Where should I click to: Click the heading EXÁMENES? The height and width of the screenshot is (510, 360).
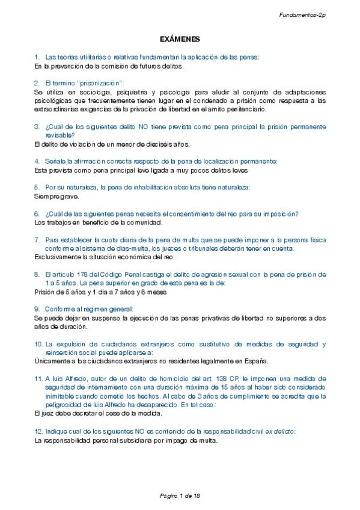(x=180, y=39)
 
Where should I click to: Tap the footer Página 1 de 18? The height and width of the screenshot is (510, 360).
(x=180, y=495)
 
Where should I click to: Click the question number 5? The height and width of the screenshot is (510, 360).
(x=37, y=188)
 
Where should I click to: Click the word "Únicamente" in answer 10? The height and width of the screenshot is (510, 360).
(x=52, y=361)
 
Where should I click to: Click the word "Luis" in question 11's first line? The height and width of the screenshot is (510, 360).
(x=58, y=379)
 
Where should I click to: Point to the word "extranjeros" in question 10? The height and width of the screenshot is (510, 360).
(x=134, y=344)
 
